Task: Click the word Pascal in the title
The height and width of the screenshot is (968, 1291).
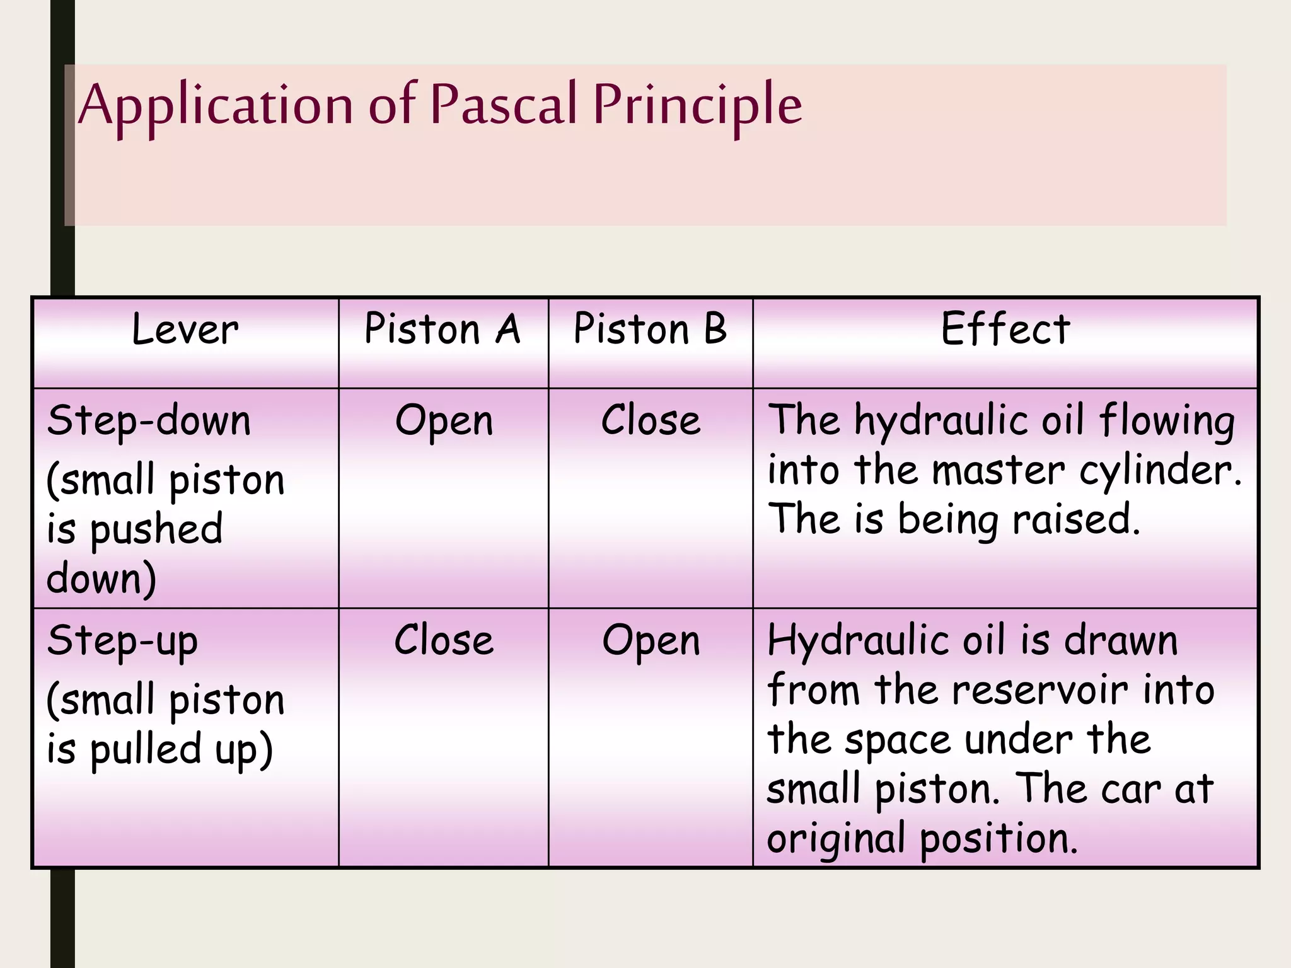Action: click(x=504, y=105)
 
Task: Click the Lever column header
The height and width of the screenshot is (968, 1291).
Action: click(x=185, y=330)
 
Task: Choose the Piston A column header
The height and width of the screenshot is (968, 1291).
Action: click(x=443, y=329)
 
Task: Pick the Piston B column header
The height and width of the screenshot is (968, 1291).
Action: click(x=650, y=329)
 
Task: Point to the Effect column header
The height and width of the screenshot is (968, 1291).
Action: click(x=1005, y=329)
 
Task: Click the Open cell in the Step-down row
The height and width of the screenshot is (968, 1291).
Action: click(x=444, y=421)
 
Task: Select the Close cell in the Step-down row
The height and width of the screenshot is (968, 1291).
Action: click(x=651, y=420)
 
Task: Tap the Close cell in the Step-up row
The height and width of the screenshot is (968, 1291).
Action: click(x=444, y=641)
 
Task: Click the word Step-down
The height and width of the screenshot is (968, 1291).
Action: click(x=149, y=421)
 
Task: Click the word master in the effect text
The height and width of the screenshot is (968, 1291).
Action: click(x=998, y=470)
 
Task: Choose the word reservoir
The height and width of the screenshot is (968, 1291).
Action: click(x=1039, y=690)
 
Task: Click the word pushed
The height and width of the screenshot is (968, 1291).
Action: click(x=156, y=529)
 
